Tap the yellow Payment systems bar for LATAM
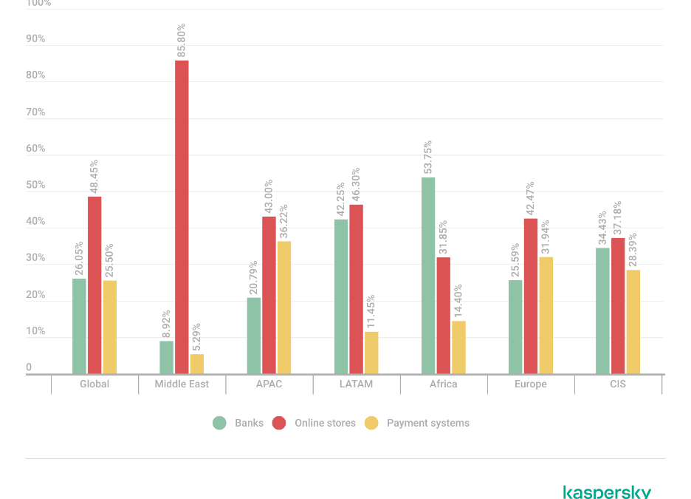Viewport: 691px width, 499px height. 371,353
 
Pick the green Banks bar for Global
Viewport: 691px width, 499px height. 80,326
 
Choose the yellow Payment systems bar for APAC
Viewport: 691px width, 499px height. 283,308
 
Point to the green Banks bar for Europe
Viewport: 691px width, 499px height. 516,327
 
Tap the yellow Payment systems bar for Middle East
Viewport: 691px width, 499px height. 196,364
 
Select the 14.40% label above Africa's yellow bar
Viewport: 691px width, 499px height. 458,299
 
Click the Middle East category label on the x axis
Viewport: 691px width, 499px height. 182,384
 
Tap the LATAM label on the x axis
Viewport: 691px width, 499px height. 357,384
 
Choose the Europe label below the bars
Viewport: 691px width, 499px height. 531,384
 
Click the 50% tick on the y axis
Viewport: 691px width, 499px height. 35,186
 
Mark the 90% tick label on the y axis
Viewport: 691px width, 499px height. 35,39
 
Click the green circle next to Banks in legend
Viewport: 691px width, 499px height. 219,424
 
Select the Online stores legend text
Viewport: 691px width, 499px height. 325,424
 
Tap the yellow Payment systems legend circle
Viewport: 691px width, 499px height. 372,424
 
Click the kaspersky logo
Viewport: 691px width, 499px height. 607,492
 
